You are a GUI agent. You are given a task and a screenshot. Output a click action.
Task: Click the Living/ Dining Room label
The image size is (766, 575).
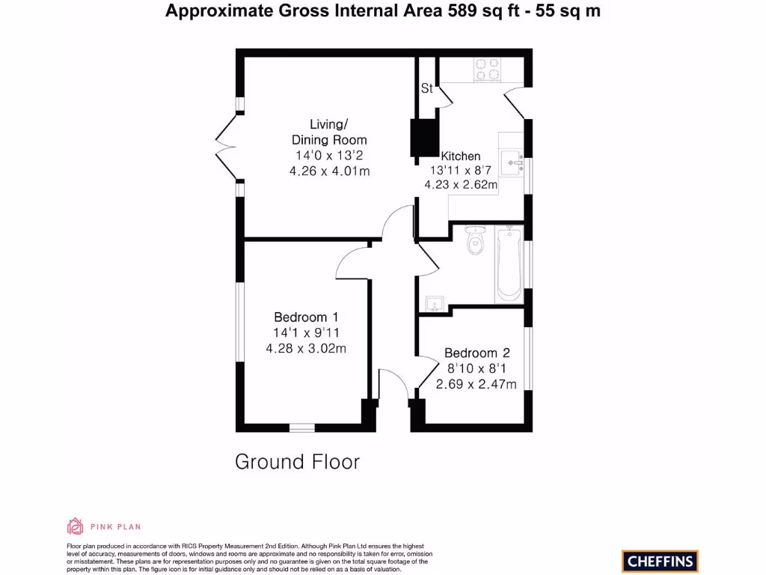pos(328,132)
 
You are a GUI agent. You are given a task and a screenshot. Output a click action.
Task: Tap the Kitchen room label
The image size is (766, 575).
pos(460,156)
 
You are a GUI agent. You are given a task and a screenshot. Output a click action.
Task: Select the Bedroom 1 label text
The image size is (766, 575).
pos(305,317)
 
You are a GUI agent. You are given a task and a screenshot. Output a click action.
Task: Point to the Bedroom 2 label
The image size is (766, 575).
pos(477,353)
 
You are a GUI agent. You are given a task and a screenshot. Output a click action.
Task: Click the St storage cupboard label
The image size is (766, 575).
pos(426,89)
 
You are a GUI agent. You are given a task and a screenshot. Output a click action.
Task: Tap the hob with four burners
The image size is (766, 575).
pos(490,70)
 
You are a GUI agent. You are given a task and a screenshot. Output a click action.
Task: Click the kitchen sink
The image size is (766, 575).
pos(512,159)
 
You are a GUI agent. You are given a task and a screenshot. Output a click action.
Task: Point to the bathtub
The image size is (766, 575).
pos(509,264)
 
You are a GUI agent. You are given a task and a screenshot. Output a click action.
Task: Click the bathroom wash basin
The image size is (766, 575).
pos(435,303)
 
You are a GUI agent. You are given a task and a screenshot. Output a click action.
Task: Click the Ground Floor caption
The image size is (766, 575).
pos(297,462)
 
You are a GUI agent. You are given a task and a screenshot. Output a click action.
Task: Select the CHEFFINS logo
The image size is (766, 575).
pos(659,561)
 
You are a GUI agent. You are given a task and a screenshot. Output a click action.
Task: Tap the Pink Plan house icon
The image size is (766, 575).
pos(75,526)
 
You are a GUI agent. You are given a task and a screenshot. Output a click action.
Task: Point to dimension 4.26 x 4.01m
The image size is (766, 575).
pos(330,171)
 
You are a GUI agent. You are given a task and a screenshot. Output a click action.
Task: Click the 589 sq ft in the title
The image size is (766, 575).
pos(477,11)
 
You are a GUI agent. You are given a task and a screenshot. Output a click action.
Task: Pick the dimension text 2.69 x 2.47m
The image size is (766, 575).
pos(477,384)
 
